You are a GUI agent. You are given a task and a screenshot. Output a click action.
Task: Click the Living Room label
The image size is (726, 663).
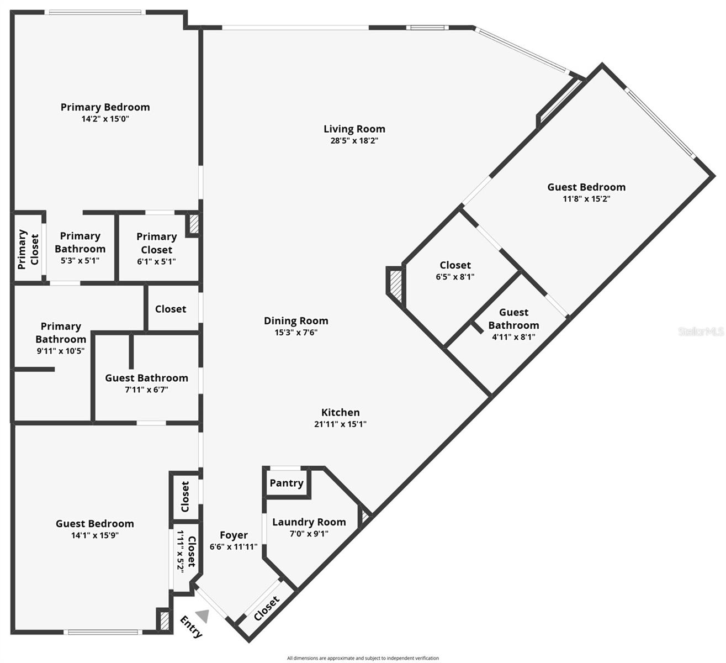pyautogui.click(x=354, y=129)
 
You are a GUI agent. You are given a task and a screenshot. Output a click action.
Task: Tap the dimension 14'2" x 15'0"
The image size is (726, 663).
pyautogui.click(x=105, y=119)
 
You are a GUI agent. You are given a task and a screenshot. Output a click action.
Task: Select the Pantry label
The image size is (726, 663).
pyautogui.click(x=286, y=483)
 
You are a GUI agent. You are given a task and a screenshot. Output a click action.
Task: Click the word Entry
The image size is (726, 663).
pyautogui.click(x=192, y=627)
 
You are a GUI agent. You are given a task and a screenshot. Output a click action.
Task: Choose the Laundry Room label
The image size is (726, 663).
pyautogui.click(x=309, y=522)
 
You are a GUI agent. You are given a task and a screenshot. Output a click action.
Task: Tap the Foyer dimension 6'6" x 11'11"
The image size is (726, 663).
pyautogui.click(x=234, y=547)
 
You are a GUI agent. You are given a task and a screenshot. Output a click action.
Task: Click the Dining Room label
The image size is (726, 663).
pyautogui.click(x=296, y=320)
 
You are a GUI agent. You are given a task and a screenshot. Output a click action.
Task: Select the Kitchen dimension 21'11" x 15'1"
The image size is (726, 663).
pyautogui.click(x=340, y=424)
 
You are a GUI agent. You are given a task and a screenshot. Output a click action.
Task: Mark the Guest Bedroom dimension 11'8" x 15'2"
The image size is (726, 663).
pyautogui.click(x=586, y=199)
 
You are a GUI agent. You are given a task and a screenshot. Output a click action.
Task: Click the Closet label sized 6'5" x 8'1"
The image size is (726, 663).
pyautogui.click(x=455, y=265)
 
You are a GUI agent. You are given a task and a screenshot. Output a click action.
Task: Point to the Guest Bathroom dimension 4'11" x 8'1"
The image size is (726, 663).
pyautogui.click(x=513, y=336)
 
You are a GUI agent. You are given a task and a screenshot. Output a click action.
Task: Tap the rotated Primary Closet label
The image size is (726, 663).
pyautogui.click(x=28, y=249)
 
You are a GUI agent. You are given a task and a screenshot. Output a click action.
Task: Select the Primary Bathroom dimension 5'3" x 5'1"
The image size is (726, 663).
pyautogui.click(x=80, y=261)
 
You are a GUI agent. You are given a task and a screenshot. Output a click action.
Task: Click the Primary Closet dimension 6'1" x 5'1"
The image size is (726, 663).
pyautogui.click(x=156, y=261)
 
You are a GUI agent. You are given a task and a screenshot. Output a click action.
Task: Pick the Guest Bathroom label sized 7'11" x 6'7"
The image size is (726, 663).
pyautogui.click(x=146, y=378)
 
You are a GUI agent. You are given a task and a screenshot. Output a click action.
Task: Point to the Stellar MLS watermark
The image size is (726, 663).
pyautogui.click(x=701, y=331)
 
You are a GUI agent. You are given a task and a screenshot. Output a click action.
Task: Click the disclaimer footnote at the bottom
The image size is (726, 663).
pyautogui.click(x=363, y=658)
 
